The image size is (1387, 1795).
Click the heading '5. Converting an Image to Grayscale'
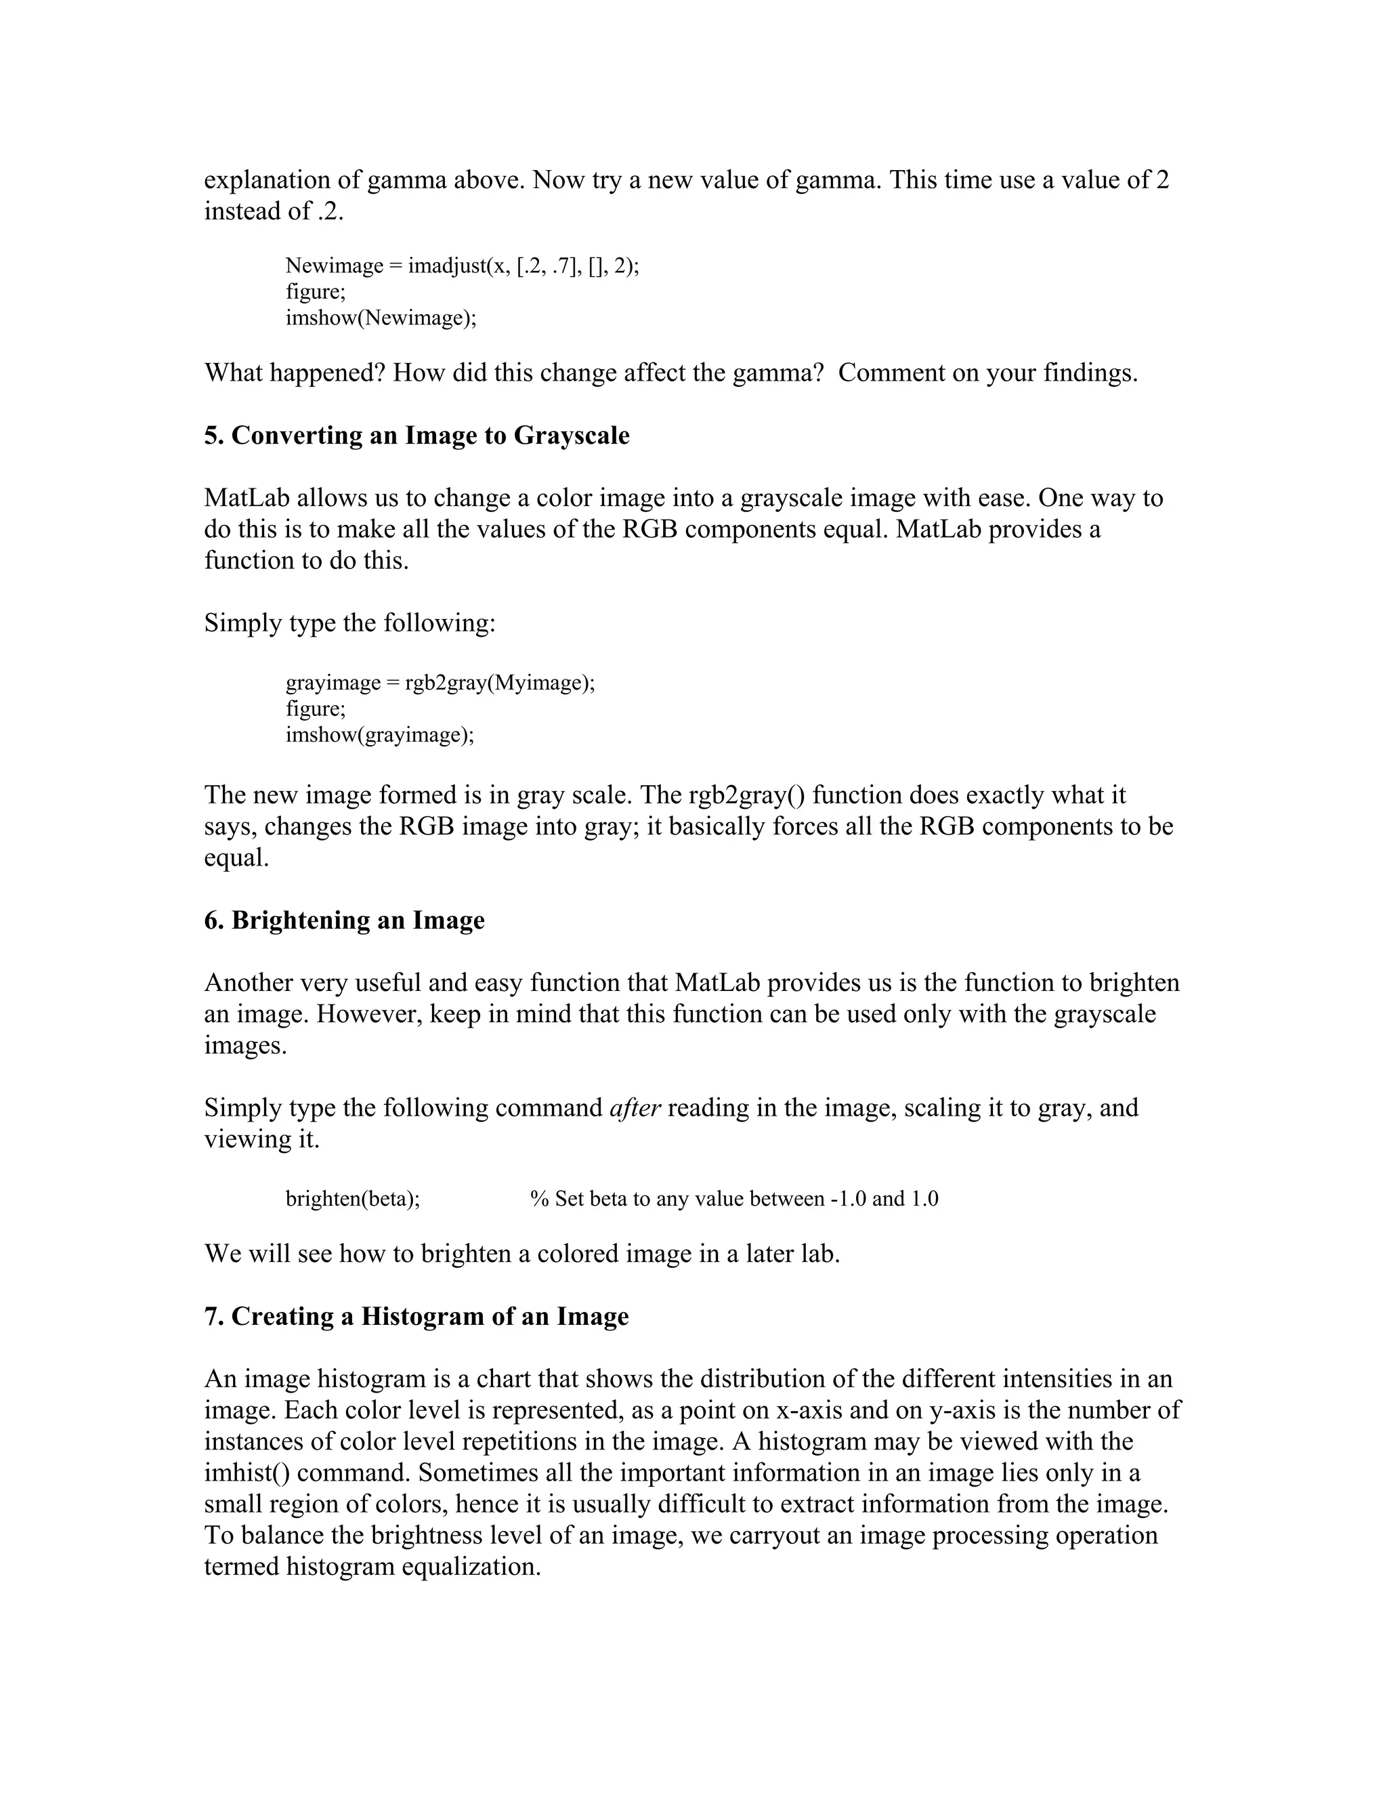point(417,436)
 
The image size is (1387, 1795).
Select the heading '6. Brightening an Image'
point(344,920)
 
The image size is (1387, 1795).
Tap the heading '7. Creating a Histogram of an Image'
point(416,1316)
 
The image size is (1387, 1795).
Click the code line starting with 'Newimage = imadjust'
point(462,266)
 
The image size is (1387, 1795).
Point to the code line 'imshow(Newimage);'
point(381,318)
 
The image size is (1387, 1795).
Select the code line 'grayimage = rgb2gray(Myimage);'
point(440,682)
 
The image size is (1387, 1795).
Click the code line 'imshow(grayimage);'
point(380,735)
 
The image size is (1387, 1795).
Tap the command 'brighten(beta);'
point(352,1198)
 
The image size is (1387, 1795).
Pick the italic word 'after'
point(635,1108)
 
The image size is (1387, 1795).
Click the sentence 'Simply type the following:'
point(350,623)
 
